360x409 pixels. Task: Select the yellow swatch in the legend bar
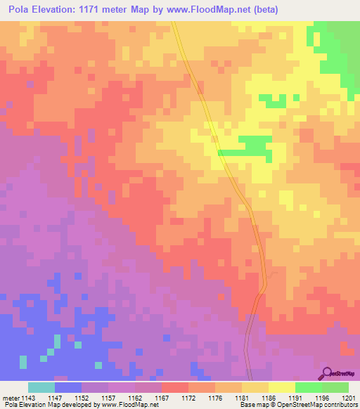pos(282,387)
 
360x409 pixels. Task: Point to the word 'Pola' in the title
pos(21,10)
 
